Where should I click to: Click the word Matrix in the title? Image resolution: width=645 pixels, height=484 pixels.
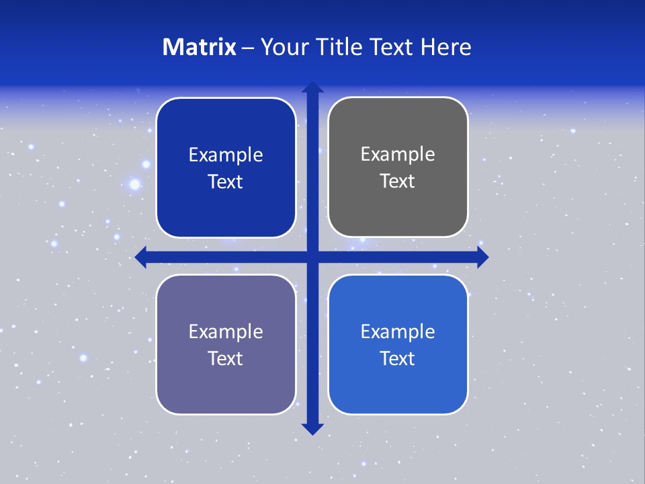pyautogui.click(x=200, y=47)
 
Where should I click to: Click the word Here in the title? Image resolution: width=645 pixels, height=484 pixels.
pyautogui.click(x=447, y=47)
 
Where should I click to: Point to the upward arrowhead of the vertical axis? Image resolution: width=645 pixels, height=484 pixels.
pyautogui.click(x=312, y=87)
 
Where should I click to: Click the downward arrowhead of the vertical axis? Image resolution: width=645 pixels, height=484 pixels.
pyautogui.click(x=312, y=429)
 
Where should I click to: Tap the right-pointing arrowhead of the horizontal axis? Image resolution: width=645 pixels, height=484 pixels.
pyautogui.click(x=482, y=257)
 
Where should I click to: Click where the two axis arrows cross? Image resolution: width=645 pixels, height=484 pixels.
pyautogui.click(x=312, y=257)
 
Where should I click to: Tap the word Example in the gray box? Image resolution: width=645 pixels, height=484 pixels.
pyautogui.click(x=398, y=155)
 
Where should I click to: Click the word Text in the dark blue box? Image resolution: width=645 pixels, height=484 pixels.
pyautogui.click(x=226, y=182)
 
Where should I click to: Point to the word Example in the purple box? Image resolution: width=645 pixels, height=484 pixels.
pyautogui.click(x=226, y=332)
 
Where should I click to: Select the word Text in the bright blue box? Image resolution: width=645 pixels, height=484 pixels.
pyautogui.click(x=398, y=359)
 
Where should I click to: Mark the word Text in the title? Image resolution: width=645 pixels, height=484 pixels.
pyautogui.click(x=393, y=47)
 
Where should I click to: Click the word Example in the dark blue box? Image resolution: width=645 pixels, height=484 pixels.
pyautogui.click(x=226, y=155)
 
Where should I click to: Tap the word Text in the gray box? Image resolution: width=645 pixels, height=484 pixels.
pyautogui.click(x=398, y=182)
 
